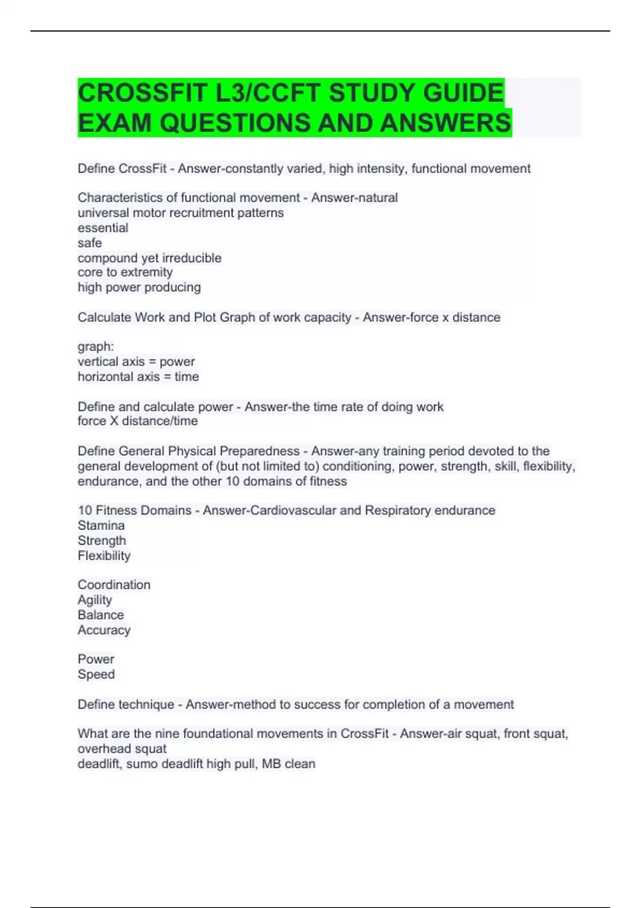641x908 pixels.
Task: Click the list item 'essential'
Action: [103, 228]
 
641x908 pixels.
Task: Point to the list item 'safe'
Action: [90, 243]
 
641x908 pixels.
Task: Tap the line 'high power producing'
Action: [139, 287]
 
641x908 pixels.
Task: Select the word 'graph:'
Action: [96, 347]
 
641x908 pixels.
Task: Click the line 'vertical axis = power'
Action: [136, 362]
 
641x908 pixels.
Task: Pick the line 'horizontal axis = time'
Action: [138, 377]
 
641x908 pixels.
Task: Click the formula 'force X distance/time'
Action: [138, 421]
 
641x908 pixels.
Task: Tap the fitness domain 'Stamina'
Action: [101, 526]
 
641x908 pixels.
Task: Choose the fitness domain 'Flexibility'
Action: [104, 555]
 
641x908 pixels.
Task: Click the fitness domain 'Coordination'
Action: [114, 585]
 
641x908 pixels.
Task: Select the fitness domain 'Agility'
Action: [95, 600]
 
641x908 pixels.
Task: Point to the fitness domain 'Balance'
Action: [100, 615]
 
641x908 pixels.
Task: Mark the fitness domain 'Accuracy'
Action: [104, 630]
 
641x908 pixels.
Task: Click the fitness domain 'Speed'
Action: [96, 674]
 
